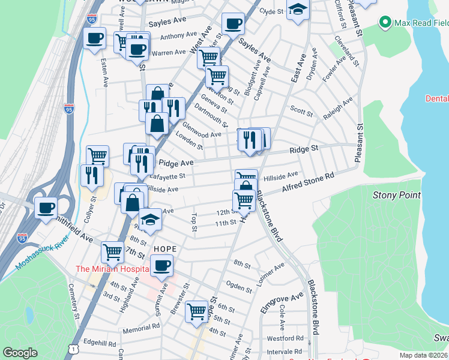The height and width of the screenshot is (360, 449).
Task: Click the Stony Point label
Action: coord(397,195)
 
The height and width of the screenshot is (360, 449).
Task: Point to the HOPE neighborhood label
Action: coord(165,248)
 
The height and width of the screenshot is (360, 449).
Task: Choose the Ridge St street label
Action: coord(304,149)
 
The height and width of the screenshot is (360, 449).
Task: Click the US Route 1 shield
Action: coord(73,348)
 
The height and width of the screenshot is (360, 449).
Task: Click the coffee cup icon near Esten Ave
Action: coord(94,39)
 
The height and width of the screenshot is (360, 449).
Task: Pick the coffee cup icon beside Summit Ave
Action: coord(161,265)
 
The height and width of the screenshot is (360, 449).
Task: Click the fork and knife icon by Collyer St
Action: coord(92,175)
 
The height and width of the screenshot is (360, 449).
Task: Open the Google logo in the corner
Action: coord(20,353)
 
